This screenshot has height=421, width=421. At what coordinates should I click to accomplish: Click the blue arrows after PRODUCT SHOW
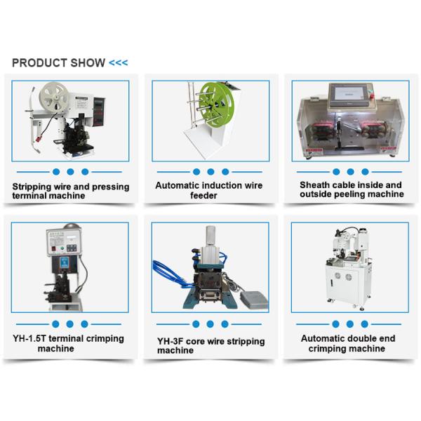(119, 63)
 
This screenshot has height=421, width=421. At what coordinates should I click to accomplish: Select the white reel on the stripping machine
(54, 96)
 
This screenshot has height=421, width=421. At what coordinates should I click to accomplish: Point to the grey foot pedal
(254, 300)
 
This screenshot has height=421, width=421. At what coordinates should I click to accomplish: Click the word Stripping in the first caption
(32, 187)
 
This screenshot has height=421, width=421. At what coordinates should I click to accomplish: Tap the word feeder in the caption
(203, 195)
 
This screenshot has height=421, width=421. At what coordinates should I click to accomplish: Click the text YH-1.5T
(29, 338)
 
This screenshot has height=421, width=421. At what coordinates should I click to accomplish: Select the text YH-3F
(171, 341)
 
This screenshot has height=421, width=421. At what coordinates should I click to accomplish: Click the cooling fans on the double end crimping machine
(343, 276)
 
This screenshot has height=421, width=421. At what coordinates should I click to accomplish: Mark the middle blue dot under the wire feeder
(210, 172)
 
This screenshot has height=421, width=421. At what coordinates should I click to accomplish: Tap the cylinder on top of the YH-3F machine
(210, 236)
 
